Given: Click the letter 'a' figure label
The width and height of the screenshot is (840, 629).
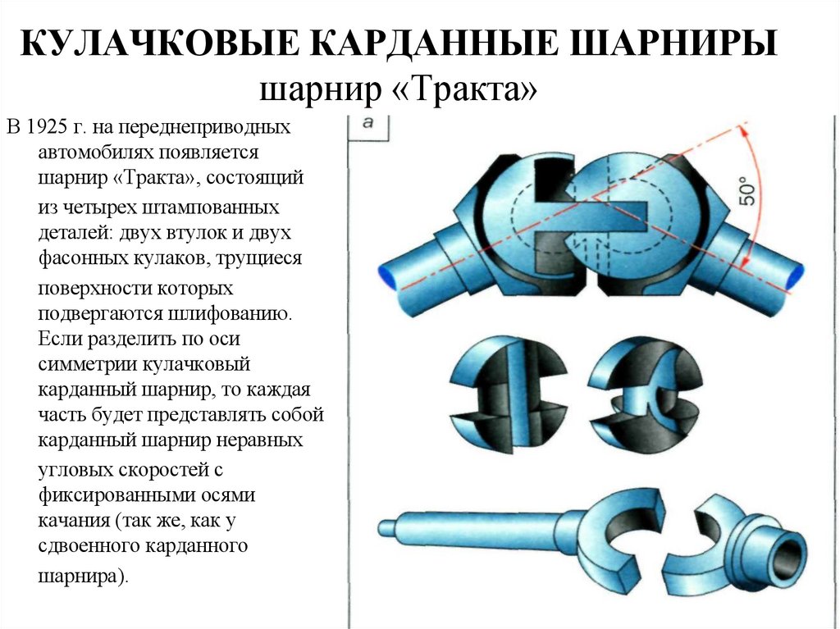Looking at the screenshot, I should (x=368, y=123).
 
